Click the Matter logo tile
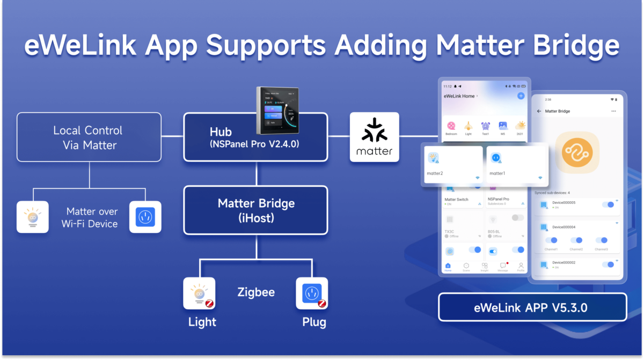[x=375, y=137]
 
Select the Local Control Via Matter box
[x=89, y=137]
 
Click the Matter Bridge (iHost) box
[x=255, y=210]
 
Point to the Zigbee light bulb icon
[x=199, y=293]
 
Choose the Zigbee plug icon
[x=312, y=293]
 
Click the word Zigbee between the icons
[x=256, y=292]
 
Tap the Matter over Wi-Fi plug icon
[x=145, y=217]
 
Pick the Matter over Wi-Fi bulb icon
[x=32, y=217]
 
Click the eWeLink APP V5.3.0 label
[x=532, y=307]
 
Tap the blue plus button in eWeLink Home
[x=521, y=95]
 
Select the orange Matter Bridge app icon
[x=577, y=152]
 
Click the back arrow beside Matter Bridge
[x=539, y=111]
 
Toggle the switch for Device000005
[x=608, y=204]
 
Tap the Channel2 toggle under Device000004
[x=576, y=240]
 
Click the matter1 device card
[x=517, y=165]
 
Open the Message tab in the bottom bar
[x=503, y=267]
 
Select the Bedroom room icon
[x=451, y=126]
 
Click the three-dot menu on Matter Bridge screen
[x=613, y=111]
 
